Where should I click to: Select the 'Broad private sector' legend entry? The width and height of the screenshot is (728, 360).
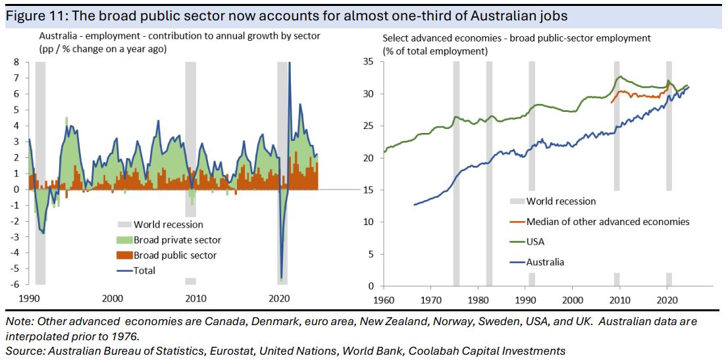(x=177, y=240)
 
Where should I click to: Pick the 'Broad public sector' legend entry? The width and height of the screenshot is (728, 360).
(x=175, y=255)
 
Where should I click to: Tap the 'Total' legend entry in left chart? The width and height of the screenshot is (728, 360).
(x=144, y=270)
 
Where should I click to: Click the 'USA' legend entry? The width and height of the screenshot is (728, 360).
(x=536, y=242)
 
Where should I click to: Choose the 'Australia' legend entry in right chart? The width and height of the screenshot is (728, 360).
(x=545, y=262)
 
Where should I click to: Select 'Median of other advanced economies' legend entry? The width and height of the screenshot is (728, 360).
(x=608, y=222)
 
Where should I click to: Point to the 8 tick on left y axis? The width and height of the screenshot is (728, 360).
(x=17, y=62)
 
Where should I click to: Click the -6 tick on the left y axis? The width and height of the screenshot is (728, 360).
(x=15, y=284)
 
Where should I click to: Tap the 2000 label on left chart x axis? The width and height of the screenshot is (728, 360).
(x=113, y=298)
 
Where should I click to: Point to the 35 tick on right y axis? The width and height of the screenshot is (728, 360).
(x=369, y=62)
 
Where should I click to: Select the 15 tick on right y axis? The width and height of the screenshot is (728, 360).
(x=369, y=190)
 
